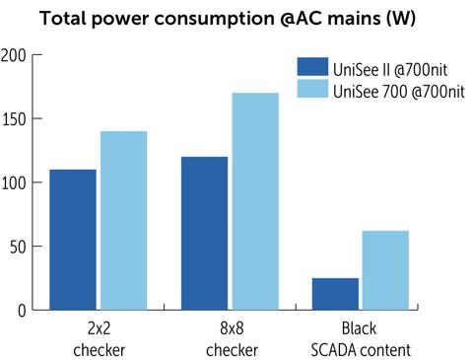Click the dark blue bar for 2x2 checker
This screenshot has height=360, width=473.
point(72,240)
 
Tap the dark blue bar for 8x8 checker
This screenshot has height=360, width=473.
point(204,233)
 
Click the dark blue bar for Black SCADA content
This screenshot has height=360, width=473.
point(335,294)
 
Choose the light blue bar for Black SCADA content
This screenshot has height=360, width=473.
point(385,270)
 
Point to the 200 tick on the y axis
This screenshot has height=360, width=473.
point(14,55)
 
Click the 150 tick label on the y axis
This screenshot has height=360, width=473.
point(14,119)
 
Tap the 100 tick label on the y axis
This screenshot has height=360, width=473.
point(14,183)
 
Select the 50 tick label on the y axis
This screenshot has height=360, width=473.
point(17,247)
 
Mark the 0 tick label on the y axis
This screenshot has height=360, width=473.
point(21,311)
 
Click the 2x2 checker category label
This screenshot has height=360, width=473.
point(98,340)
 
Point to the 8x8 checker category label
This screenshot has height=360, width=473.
point(230,340)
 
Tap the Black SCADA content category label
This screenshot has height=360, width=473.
point(361,340)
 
